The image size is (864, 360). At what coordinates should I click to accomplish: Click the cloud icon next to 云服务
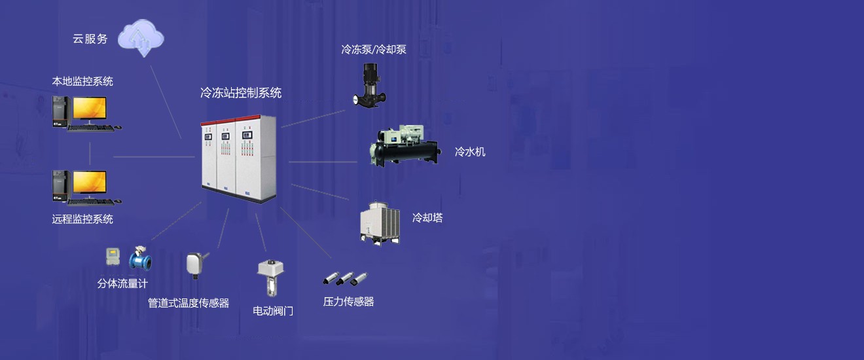tap(141, 38)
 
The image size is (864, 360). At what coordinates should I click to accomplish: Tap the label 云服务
tap(90, 39)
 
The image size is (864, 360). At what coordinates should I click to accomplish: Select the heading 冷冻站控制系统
tap(241, 93)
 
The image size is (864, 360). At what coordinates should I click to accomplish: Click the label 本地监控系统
tap(82, 82)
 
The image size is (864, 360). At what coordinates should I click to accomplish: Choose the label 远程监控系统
tap(82, 219)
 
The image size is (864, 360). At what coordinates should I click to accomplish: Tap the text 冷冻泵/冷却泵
tap(374, 49)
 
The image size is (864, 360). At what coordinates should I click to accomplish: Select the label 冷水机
tap(470, 152)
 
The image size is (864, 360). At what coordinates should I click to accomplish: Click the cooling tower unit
tap(380, 223)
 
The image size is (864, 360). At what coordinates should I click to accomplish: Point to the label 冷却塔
tap(427, 218)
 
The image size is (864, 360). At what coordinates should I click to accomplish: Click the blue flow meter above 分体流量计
tap(140, 258)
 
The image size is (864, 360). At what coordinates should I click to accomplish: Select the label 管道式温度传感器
tap(189, 303)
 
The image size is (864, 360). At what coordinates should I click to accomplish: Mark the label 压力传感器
tap(349, 302)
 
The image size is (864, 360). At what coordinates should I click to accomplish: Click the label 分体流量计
tap(122, 284)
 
